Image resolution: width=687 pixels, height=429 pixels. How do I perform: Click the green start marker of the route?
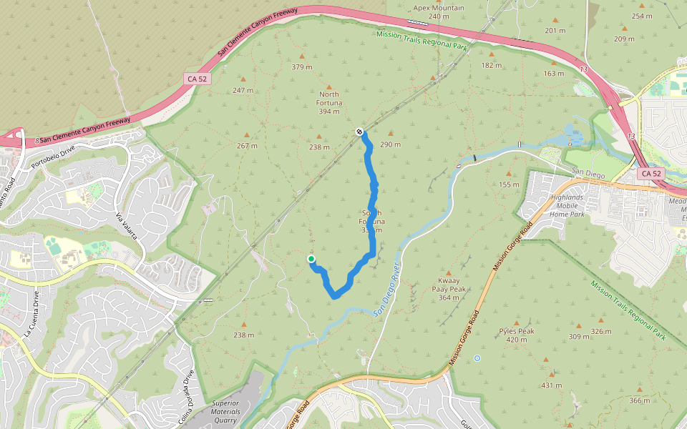click(311, 259)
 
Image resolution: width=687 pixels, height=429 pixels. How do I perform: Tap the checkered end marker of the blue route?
click(359, 132)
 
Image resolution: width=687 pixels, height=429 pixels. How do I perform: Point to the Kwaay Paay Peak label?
click(452, 289)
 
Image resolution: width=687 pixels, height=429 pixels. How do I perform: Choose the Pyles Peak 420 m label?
click(517, 335)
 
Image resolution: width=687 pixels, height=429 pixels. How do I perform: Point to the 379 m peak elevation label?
click(302, 67)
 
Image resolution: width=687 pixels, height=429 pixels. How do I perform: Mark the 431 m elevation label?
click(551, 385)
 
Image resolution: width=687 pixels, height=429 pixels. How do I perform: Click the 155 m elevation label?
click(509, 184)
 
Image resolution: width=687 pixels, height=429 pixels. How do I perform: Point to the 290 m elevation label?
click(391, 144)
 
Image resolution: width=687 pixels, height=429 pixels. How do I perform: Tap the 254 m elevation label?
click(643, 16)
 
